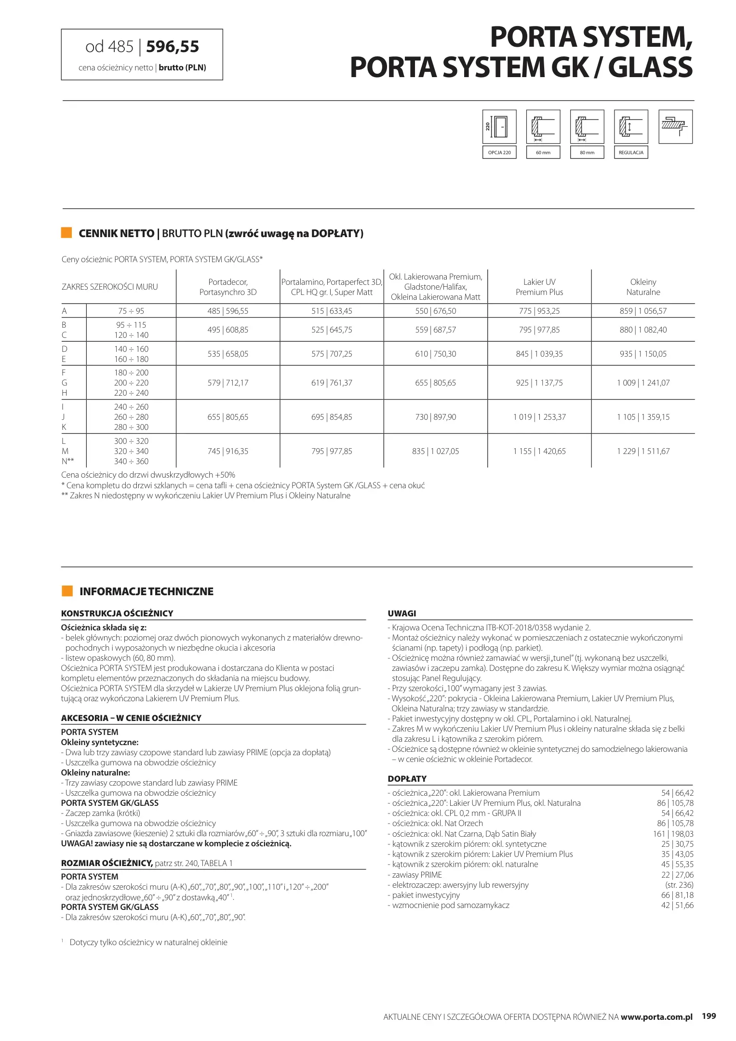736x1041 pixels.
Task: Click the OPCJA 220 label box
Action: [x=499, y=152]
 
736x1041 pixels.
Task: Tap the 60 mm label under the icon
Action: [x=543, y=152]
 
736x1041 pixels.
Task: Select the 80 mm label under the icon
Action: [x=587, y=152]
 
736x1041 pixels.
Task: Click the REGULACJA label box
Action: [x=630, y=152]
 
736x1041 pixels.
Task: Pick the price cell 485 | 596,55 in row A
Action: [x=228, y=311]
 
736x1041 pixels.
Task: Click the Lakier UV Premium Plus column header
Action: [x=539, y=287]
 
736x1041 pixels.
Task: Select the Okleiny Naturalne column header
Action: [x=643, y=287]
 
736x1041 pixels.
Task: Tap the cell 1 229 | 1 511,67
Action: [x=643, y=451]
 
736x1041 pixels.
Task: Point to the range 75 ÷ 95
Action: [x=131, y=311]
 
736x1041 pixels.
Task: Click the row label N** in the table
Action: [x=67, y=461]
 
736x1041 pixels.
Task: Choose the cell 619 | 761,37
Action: [x=332, y=383]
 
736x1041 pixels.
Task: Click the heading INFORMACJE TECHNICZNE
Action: [x=146, y=591]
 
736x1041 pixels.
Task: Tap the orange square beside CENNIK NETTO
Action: [x=67, y=233]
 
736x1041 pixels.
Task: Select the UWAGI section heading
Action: [x=401, y=614]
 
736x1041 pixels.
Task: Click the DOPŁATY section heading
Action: [x=407, y=778]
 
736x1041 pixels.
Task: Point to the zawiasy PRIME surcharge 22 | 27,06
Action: [x=677, y=875]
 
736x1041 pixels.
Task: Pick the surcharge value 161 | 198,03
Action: [x=673, y=834]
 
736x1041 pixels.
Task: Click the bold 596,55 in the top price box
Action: [x=173, y=47]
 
